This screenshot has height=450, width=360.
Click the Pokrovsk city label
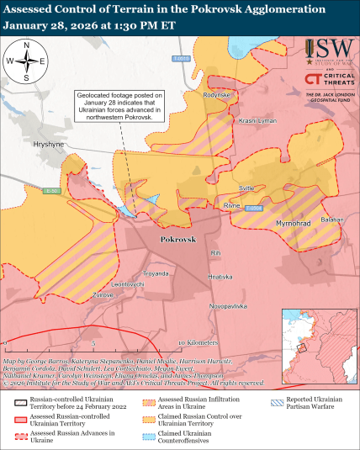pyautogui.click(x=177, y=240)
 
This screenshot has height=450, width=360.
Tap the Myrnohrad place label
pyautogui.click(x=294, y=223)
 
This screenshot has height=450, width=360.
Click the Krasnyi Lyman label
pyautogui.click(x=258, y=121)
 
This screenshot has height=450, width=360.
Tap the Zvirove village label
pyautogui.click(x=103, y=294)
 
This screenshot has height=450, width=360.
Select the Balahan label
pyautogui.click(x=333, y=220)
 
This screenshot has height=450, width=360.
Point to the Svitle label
pyautogui.click(x=246, y=188)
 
